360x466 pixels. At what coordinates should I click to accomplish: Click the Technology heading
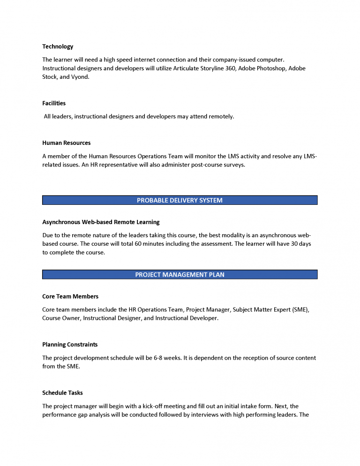pyautogui.click(x=58, y=46)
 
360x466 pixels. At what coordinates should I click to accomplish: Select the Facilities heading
pyautogui.click(x=54, y=103)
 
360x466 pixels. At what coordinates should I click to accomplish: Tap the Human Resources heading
pyautogui.click(x=66, y=143)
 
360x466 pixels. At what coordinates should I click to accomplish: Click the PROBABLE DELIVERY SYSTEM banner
pyautogui.click(x=180, y=200)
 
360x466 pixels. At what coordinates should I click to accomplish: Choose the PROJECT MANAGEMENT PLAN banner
pyautogui.click(x=180, y=275)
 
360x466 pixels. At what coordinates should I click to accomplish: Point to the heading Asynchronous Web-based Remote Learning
pyautogui.click(x=101, y=222)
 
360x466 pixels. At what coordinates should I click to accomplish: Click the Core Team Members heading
pyautogui.click(x=70, y=296)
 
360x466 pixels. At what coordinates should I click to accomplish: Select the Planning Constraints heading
pyautogui.click(x=70, y=345)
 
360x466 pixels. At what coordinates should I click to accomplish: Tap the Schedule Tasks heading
pyautogui.click(x=62, y=393)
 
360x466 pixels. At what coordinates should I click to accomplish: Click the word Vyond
pyautogui.click(x=79, y=77)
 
